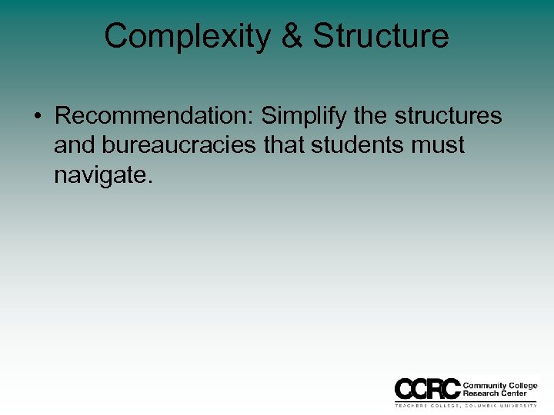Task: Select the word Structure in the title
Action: coord(381,36)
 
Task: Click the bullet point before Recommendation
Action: coord(38,117)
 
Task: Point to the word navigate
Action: coord(101,175)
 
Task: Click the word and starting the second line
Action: coord(74,145)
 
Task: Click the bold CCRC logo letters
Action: coord(426,389)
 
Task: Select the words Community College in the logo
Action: coord(499,385)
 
